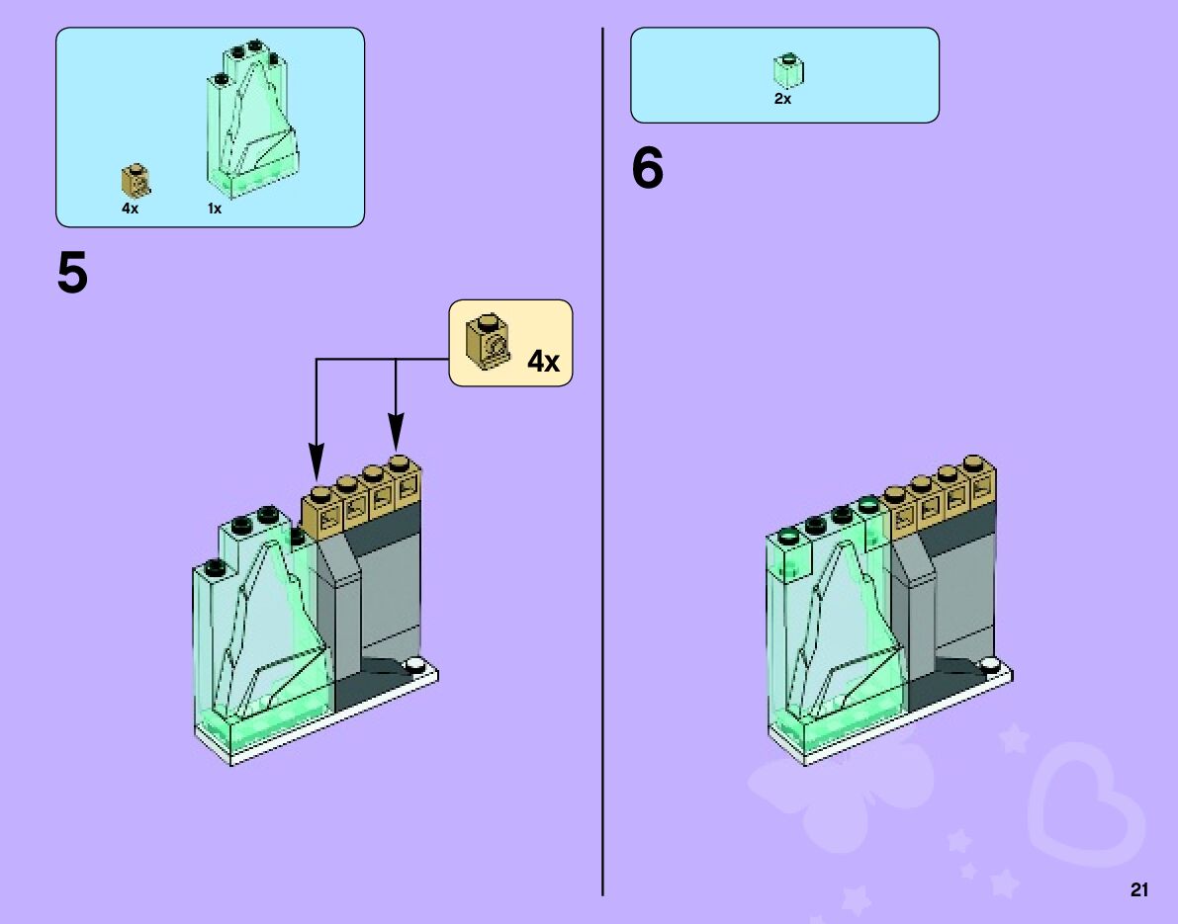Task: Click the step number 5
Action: tap(72, 273)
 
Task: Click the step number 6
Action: tap(648, 170)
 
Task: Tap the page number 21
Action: tap(1138, 890)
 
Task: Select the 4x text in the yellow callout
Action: tap(543, 362)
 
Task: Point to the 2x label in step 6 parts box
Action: tap(782, 99)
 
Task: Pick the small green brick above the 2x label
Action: tap(788, 70)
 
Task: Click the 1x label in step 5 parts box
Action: tap(215, 209)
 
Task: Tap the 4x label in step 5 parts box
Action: tap(131, 209)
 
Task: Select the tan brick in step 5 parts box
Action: tap(136, 181)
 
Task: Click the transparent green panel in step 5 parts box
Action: tap(252, 119)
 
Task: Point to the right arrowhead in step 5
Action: tap(396, 434)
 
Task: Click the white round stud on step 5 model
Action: tap(414, 664)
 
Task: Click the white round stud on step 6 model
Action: tap(988, 665)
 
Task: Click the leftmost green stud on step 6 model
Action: tap(789, 538)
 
